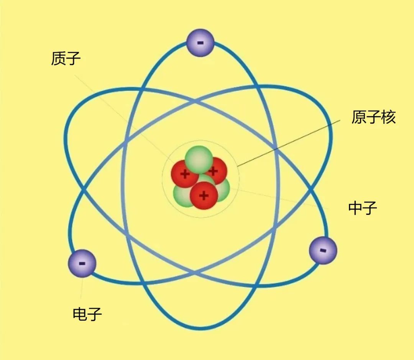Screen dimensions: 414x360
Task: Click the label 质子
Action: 66,58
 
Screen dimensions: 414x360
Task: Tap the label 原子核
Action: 374,117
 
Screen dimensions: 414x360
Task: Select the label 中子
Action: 363,208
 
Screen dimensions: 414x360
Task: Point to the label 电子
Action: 87,314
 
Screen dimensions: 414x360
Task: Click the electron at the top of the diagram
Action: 200,43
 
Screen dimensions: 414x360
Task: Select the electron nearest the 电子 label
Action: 82,263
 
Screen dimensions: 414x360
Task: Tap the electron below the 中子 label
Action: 323,250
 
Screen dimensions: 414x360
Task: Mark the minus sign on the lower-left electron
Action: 82,263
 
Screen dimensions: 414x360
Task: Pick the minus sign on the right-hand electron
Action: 323,250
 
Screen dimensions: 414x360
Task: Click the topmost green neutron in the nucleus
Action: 199,160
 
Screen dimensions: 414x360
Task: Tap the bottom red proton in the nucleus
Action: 204,195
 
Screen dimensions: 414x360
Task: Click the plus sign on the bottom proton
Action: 204,196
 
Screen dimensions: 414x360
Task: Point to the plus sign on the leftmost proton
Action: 185,174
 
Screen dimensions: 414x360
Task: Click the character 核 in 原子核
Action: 388,117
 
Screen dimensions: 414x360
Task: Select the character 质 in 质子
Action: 58,58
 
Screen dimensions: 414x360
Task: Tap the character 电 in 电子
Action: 80,314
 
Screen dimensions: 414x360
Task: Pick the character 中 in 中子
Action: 355,208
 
